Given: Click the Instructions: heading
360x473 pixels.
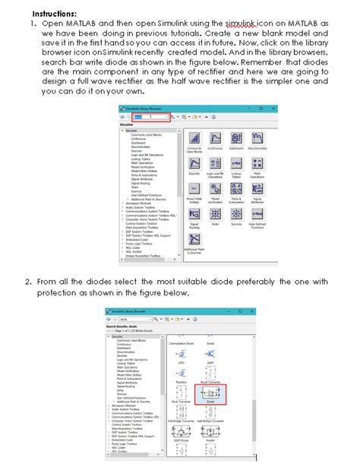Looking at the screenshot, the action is tap(54, 13).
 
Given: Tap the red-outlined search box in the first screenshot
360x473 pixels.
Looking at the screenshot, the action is tap(150, 118).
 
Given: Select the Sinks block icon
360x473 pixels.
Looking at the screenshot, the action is tap(216, 214).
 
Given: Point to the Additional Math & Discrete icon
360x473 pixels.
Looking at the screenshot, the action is tap(194, 239).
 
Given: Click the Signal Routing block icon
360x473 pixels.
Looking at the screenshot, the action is tap(194, 214).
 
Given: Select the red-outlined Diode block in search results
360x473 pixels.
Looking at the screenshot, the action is tap(210, 393).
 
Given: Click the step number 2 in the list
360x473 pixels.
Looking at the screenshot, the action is tap(27, 282).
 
